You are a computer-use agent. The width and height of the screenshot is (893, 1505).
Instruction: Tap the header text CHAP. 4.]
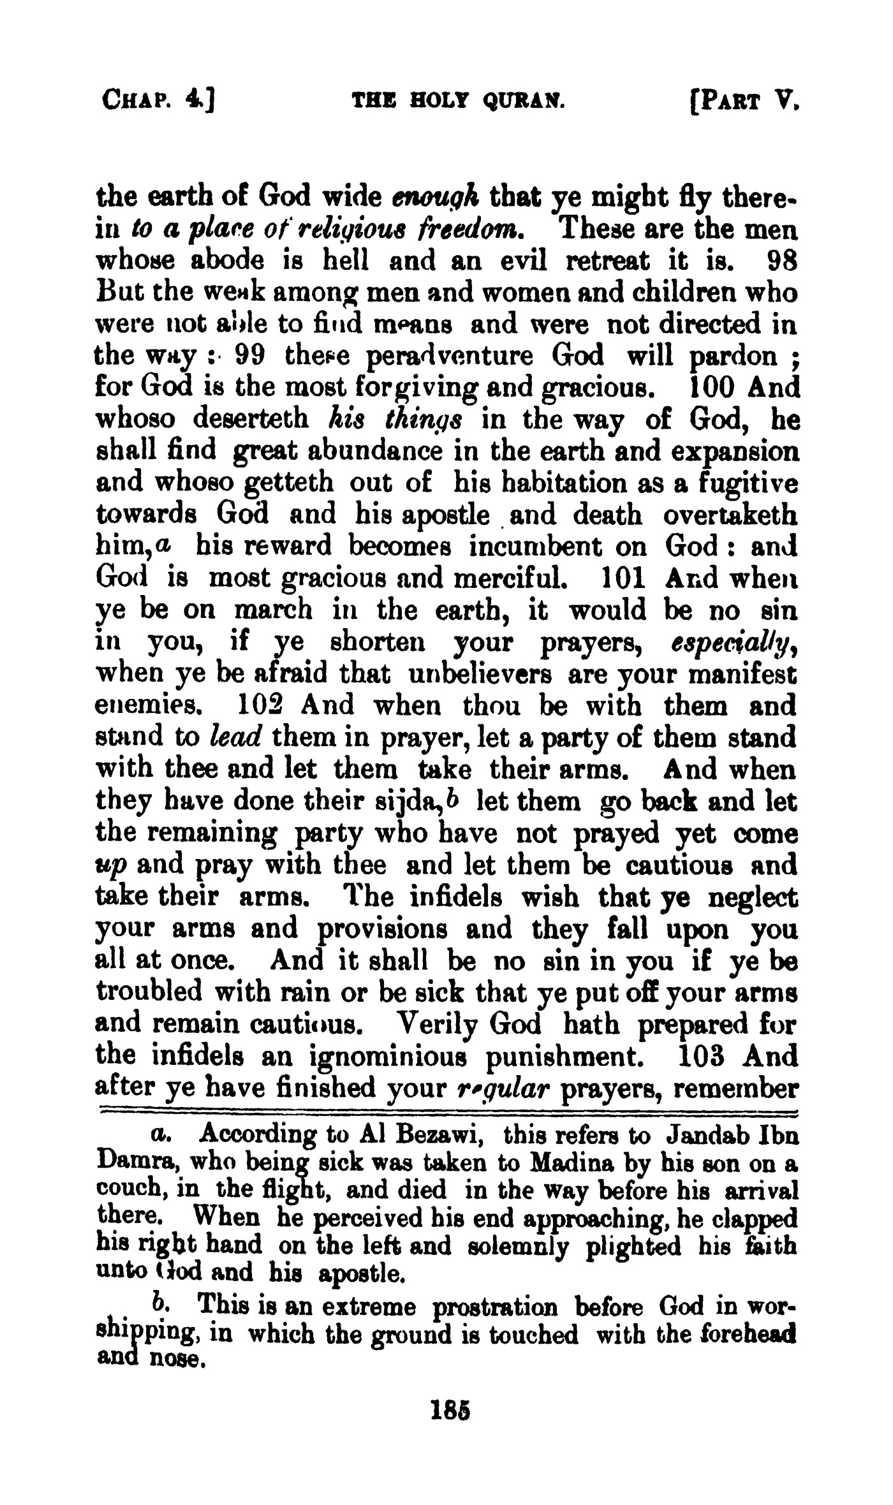pos(159,100)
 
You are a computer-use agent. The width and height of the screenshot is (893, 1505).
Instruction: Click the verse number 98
pos(781,261)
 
